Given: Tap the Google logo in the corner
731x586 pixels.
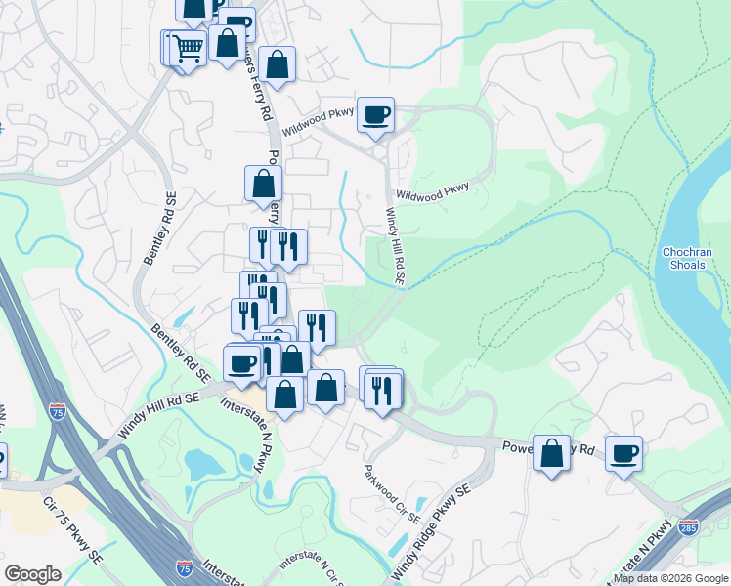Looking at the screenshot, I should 32,574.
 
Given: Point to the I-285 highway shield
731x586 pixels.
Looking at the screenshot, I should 690,527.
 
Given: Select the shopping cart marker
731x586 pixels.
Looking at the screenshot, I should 188,47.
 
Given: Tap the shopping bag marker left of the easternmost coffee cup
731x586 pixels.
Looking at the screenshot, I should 551,454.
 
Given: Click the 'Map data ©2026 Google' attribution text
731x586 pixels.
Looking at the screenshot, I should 670,578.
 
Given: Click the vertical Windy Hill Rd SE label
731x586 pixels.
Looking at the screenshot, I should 395,245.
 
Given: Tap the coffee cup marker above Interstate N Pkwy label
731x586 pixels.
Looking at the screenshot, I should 241,364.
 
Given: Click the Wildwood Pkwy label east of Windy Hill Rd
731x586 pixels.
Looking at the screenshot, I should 432,189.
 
